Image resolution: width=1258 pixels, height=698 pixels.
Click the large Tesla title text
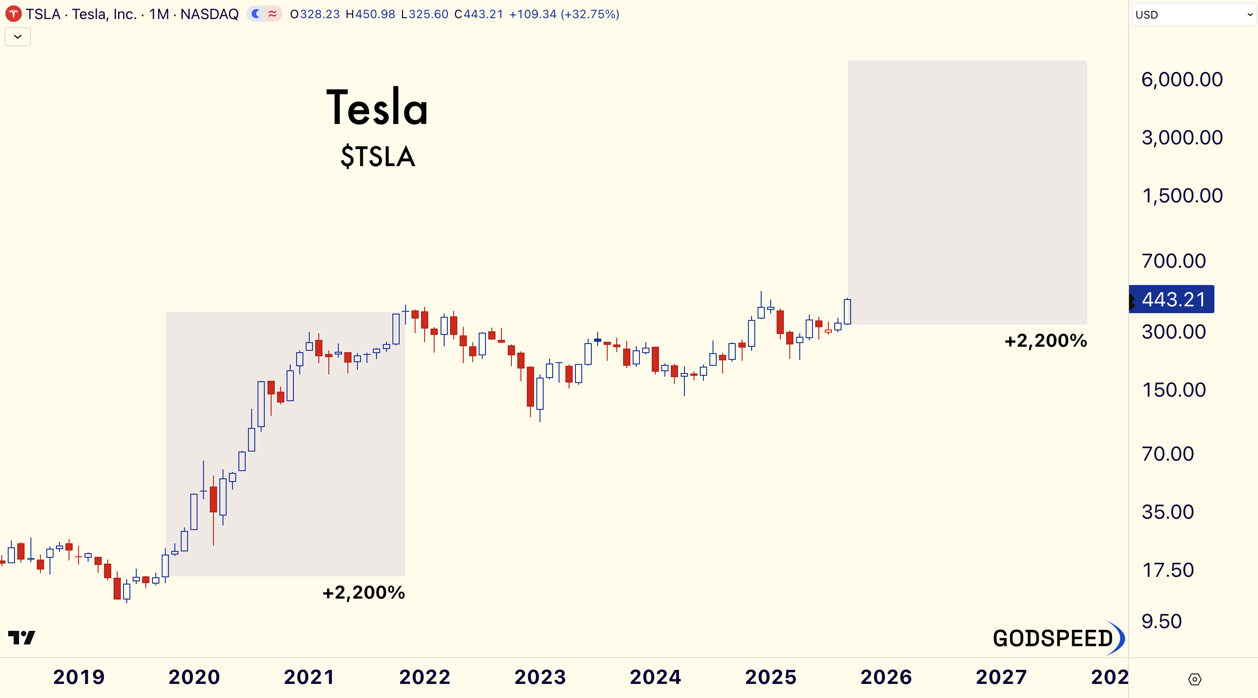pyautogui.click(x=377, y=108)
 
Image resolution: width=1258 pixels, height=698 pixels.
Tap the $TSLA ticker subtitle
pyautogui.click(x=377, y=157)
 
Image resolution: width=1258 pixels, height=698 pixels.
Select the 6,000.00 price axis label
pyautogui.click(x=1182, y=79)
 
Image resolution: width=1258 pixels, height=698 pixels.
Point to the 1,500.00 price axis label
pyautogui.click(x=1182, y=196)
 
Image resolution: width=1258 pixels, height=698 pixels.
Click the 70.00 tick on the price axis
pyautogui.click(x=1168, y=454)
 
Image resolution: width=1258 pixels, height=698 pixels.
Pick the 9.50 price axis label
pyautogui.click(x=1162, y=621)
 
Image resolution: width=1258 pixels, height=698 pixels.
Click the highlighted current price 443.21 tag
pyautogui.click(x=1174, y=299)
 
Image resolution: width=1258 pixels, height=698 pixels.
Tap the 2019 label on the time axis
pyautogui.click(x=79, y=677)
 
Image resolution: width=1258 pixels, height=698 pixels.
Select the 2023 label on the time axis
pyautogui.click(x=540, y=677)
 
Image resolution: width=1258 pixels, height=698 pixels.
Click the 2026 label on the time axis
pyautogui.click(x=886, y=677)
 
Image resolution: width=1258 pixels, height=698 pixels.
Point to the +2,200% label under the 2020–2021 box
pyautogui.click(x=364, y=593)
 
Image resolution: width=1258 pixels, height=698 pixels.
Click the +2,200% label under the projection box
pyautogui.click(x=1045, y=341)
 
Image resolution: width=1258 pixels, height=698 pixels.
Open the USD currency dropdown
pyautogui.click(x=1193, y=15)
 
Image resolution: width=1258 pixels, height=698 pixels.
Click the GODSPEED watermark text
pyautogui.click(x=1053, y=639)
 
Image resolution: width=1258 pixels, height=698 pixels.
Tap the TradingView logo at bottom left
pyautogui.click(x=21, y=638)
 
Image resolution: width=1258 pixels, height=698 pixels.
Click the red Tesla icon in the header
pyautogui.click(x=13, y=14)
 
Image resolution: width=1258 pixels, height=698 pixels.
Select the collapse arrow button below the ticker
pyautogui.click(x=18, y=37)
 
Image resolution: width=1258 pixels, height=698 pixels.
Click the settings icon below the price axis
pyautogui.click(x=1194, y=679)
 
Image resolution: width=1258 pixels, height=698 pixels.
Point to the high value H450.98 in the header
pyautogui.click(x=370, y=14)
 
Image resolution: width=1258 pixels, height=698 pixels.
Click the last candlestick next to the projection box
pyautogui.click(x=847, y=311)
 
